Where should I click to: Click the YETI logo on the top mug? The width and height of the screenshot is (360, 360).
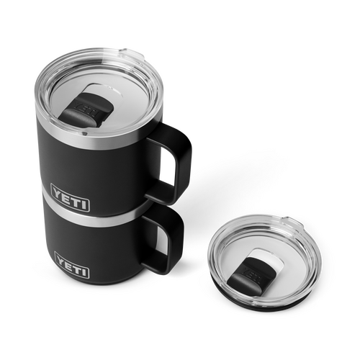[x=70, y=198]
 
